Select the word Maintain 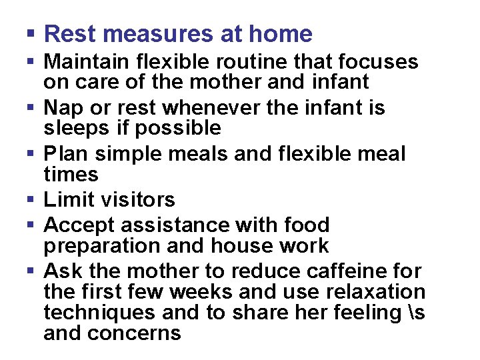(x=87, y=62)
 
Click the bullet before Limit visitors (x=31, y=199)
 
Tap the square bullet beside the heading (x=31, y=34)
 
